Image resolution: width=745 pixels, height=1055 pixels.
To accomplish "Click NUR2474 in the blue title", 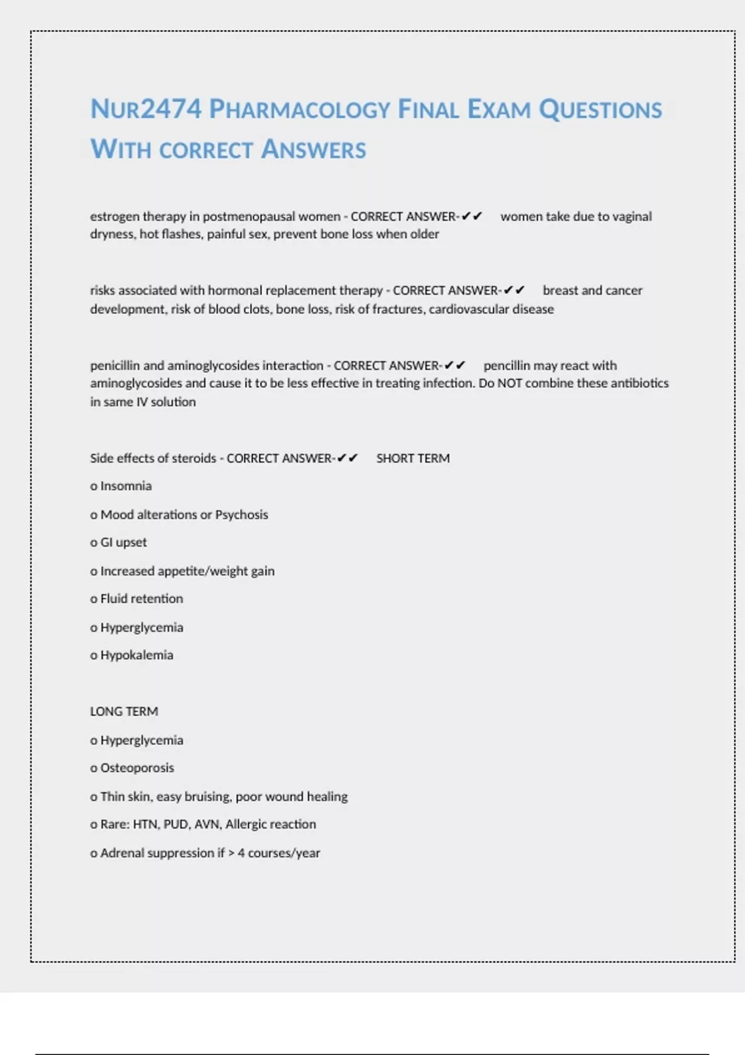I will point(146,109).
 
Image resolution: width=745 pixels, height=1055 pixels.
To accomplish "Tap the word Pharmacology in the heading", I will point(299,109).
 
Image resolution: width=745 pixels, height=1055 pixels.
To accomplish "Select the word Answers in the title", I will point(314,150).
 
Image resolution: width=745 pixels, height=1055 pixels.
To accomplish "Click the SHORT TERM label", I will point(413,458).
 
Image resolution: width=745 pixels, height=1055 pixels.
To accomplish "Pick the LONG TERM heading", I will point(124,711).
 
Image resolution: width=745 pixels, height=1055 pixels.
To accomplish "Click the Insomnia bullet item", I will point(125,486).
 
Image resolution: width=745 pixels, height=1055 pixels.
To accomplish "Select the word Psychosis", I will point(242,514).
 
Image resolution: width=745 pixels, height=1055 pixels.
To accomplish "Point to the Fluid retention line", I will point(142,599).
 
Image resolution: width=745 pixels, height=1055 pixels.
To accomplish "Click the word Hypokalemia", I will point(137,655).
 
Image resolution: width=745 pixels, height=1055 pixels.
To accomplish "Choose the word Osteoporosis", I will point(137,768).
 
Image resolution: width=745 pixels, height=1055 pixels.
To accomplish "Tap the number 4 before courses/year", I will point(241,853).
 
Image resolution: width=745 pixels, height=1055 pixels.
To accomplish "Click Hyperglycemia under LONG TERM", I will point(142,740).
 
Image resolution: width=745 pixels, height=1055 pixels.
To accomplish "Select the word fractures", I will point(397,309).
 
